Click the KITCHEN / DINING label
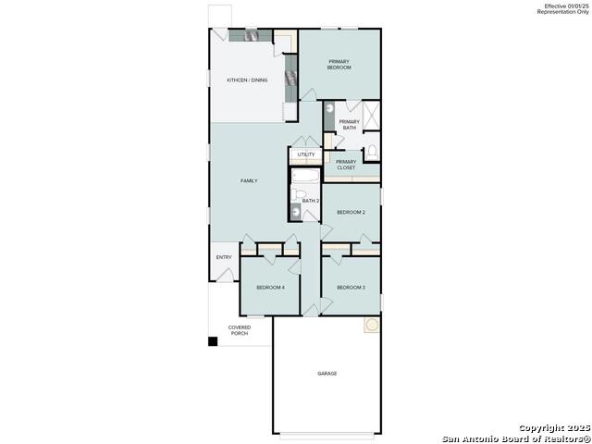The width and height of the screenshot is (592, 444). pyautogui.click(x=247, y=80)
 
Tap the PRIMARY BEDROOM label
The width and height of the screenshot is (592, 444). pyautogui.click(x=339, y=65)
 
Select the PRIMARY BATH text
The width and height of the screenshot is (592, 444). pyautogui.click(x=349, y=125)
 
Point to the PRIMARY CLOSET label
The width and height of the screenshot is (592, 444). pyautogui.click(x=346, y=165)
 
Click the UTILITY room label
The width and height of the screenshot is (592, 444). pyautogui.click(x=305, y=154)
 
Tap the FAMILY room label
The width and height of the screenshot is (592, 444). pyautogui.click(x=249, y=180)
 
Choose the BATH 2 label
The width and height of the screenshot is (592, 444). pyautogui.click(x=311, y=201)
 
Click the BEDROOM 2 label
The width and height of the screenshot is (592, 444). pyautogui.click(x=351, y=213)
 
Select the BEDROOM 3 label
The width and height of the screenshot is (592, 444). pyautogui.click(x=351, y=288)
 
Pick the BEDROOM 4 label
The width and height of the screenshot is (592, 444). pyautogui.click(x=270, y=288)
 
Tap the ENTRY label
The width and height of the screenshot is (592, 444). pyautogui.click(x=224, y=257)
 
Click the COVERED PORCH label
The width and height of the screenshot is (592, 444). pyautogui.click(x=240, y=329)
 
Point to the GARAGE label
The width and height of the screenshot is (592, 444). pyautogui.click(x=327, y=374)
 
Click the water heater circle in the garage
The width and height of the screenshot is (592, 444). pyautogui.click(x=371, y=326)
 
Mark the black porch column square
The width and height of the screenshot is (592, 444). pyautogui.click(x=213, y=341)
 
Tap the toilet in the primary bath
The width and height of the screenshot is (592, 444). pyautogui.click(x=371, y=151)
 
